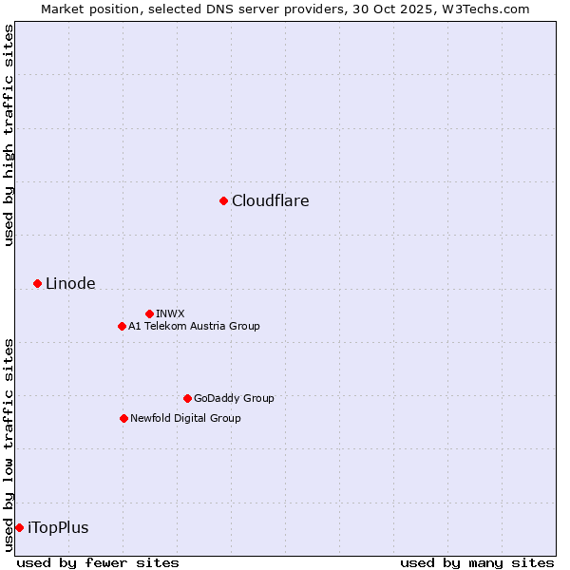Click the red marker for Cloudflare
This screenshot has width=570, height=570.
coord(223,200)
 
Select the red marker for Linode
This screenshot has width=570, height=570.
coord(37,283)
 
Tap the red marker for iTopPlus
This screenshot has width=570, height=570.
coord(19,527)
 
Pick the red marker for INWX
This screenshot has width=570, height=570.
coord(149,313)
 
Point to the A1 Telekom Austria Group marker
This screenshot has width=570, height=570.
coord(122,326)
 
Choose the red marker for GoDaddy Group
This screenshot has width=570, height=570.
coord(187,398)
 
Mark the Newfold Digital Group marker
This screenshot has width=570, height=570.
coord(123,418)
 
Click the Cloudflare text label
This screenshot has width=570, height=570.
coord(270,200)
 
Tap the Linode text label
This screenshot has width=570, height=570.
coord(70,283)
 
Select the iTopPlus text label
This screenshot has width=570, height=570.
coord(58,527)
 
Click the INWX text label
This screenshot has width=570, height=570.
coord(170,313)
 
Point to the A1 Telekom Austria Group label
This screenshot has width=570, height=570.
coord(194,326)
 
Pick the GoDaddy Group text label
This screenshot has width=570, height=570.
coord(234,398)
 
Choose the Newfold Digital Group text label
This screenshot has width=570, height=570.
coord(185,418)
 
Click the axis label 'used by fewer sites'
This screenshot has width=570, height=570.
coord(98,562)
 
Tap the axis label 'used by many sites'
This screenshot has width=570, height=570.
coord(477,562)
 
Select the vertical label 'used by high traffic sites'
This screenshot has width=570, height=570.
coord(9,135)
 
